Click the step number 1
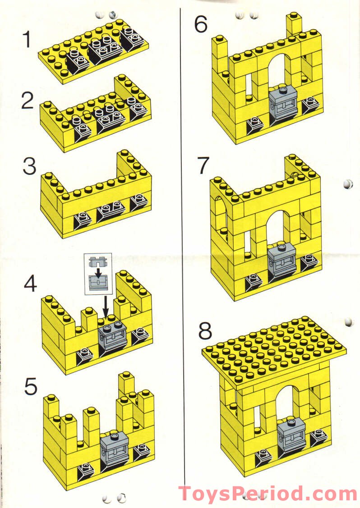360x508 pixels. (28, 39)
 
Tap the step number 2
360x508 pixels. (28, 101)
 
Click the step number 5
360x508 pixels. (30, 386)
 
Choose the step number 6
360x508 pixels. (201, 25)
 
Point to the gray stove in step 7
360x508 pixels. (281, 261)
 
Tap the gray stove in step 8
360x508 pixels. (290, 435)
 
